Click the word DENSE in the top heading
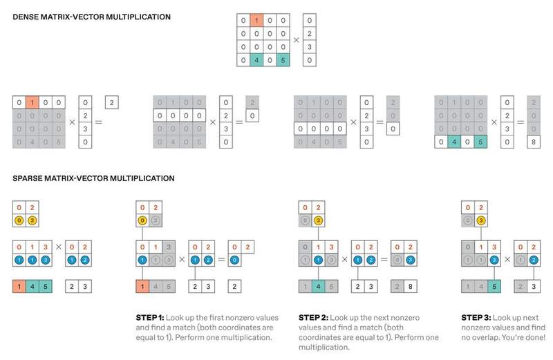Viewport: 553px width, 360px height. [x=26, y=17]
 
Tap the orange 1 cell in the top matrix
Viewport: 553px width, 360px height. [x=256, y=21]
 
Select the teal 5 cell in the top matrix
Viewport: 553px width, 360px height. [x=283, y=60]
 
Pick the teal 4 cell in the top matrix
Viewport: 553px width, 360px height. [x=256, y=60]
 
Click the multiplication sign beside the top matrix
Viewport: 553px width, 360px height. [x=297, y=40]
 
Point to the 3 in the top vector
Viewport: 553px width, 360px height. [x=309, y=47]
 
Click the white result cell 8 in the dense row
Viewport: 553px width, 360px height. [x=533, y=142]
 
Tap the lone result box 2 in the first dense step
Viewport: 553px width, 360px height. [x=112, y=102]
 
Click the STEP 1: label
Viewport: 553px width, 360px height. [x=150, y=318]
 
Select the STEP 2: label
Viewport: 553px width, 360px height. [x=313, y=318]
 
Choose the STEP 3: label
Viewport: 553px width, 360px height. [x=476, y=318]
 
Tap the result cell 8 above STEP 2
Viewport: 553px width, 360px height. [x=410, y=286]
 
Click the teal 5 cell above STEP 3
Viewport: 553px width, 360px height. [x=494, y=286]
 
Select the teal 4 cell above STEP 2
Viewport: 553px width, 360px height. [x=318, y=286]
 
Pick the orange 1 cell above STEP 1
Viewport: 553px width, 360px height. [x=142, y=286]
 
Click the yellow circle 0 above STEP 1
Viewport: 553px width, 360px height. [x=142, y=220]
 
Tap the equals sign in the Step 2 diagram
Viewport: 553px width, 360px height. [x=384, y=260]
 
